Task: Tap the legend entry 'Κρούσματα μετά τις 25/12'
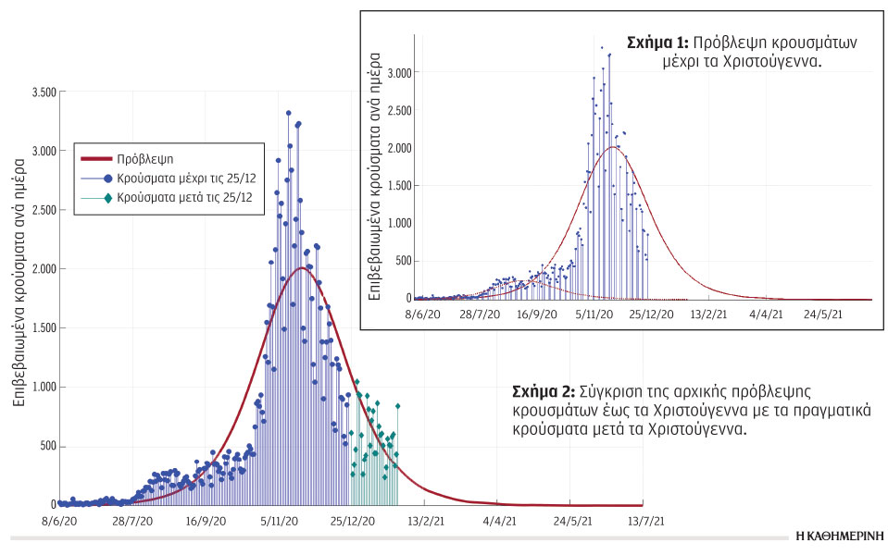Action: pyautogui.click(x=176, y=197)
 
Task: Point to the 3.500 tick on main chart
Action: pyautogui.click(x=44, y=92)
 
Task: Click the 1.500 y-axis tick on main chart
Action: pyautogui.click(x=44, y=328)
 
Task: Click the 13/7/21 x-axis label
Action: pyautogui.click(x=645, y=522)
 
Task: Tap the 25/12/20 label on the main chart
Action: pyautogui.click(x=352, y=522)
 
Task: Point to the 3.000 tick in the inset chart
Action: pyautogui.click(x=400, y=72)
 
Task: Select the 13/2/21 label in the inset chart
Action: pyautogui.click(x=707, y=314)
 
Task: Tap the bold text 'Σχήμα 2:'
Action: pyautogui.click(x=544, y=392)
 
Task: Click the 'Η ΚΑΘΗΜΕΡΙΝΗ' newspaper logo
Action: pyautogui.click(x=839, y=536)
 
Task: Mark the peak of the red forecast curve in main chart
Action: pyautogui.click(x=301, y=268)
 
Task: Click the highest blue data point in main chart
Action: pyautogui.click(x=289, y=113)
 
